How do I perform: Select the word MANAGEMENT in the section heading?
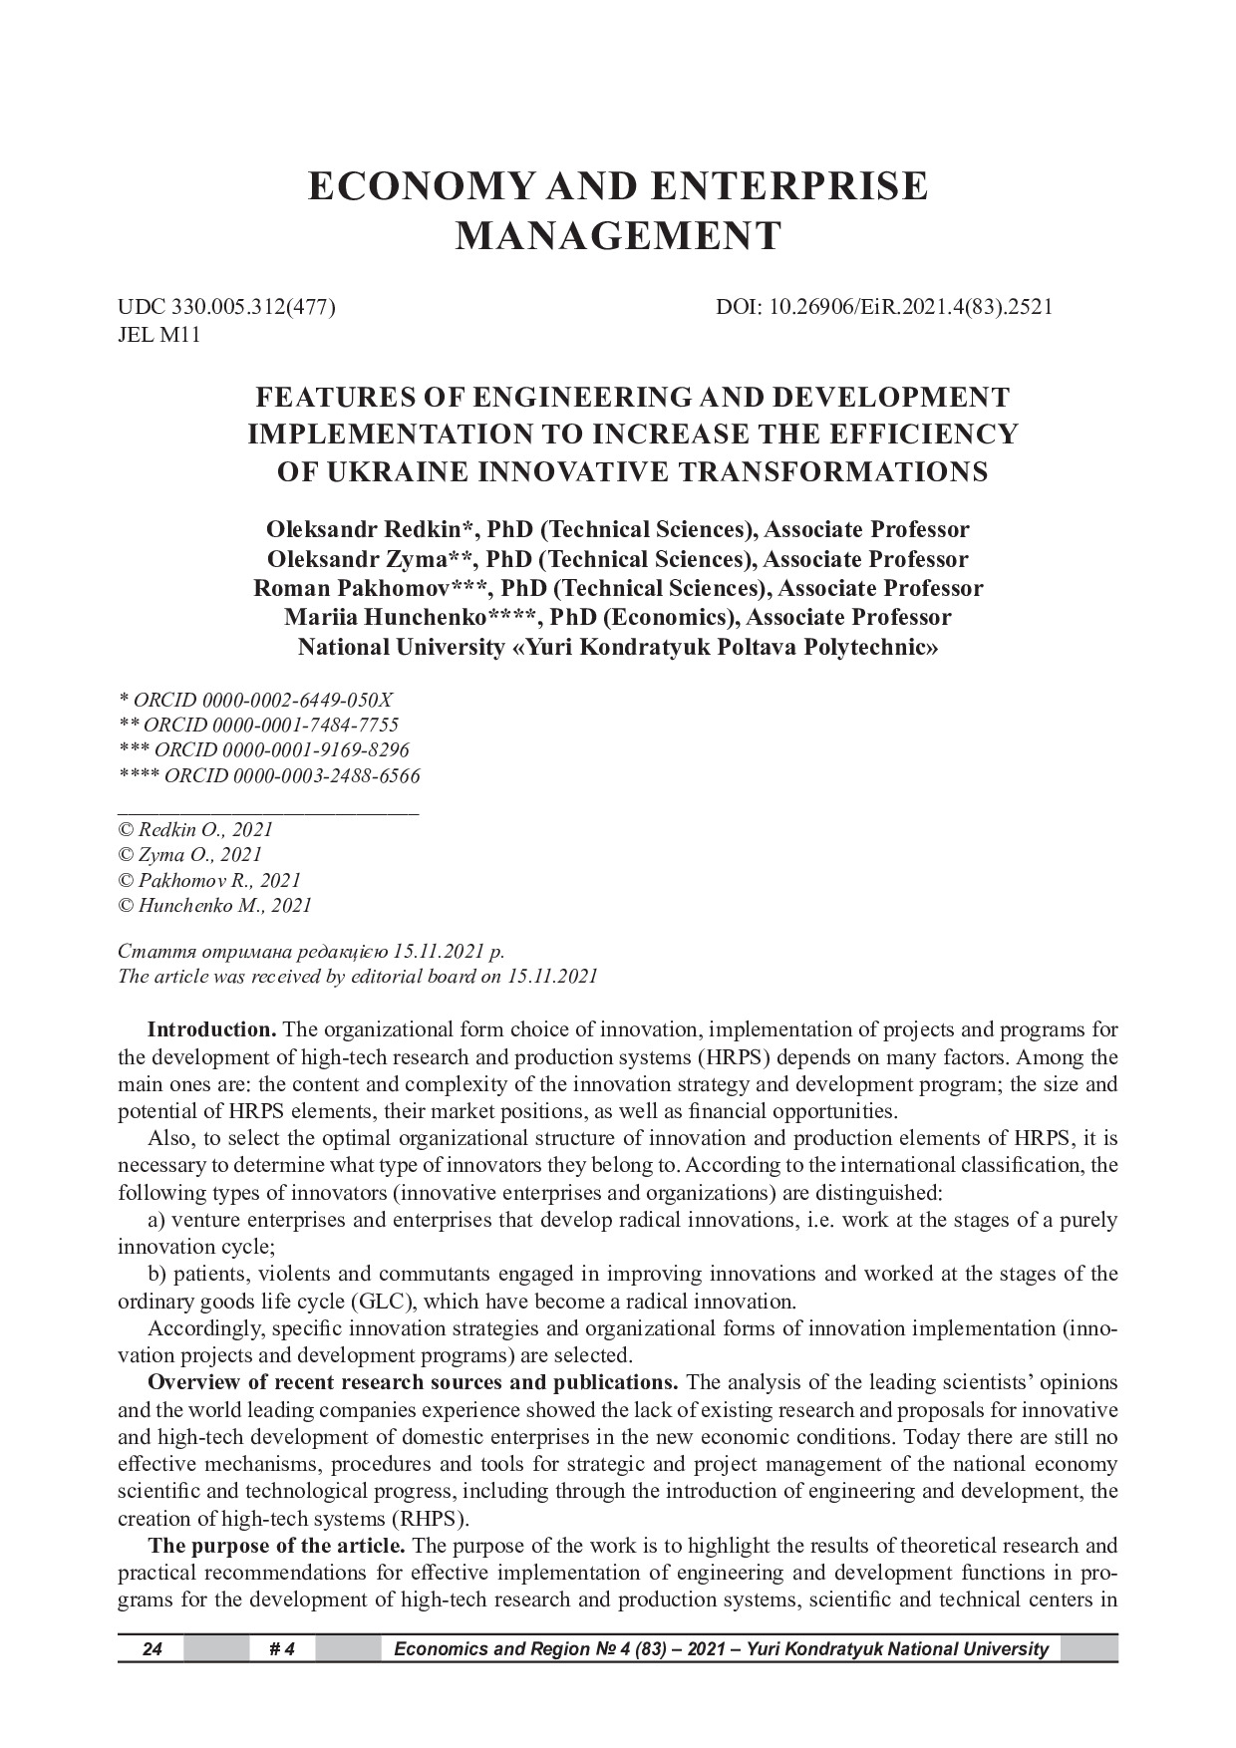coord(618,236)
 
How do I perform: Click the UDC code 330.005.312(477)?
coord(253,307)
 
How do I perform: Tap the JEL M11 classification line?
coord(159,335)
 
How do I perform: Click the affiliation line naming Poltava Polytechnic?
coord(618,648)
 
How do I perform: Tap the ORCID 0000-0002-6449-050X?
coord(263,700)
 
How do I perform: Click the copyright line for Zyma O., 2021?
coord(190,855)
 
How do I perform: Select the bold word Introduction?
coord(211,1029)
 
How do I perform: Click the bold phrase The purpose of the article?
coord(276,1546)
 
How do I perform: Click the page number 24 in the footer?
coord(152,1649)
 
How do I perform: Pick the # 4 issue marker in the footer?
coord(282,1649)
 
